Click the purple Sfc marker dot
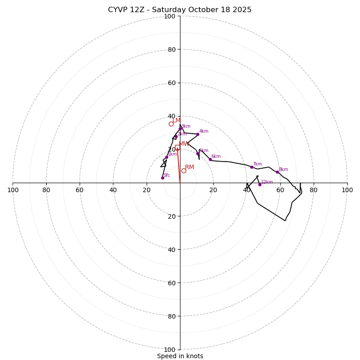(x=162, y=178)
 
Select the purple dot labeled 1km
(x=166, y=157)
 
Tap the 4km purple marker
(x=198, y=134)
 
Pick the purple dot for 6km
(x=210, y=159)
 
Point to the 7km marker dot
(x=252, y=167)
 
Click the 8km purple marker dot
(x=277, y=172)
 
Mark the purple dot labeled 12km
(x=260, y=184)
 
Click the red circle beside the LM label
(x=171, y=124)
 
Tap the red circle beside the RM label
(x=184, y=171)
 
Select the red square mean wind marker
(x=177, y=149)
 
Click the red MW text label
(x=184, y=144)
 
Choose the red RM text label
(x=189, y=167)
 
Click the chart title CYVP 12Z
(x=180, y=10)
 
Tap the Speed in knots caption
(x=180, y=356)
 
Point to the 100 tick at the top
(x=170, y=16)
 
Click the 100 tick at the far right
(x=347, y=190)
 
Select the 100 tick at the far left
(x=13, y=190)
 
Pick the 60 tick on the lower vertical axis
(x=171, y=283)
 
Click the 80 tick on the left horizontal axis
(x=46, y=190)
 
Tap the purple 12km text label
(x=267, y=182)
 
